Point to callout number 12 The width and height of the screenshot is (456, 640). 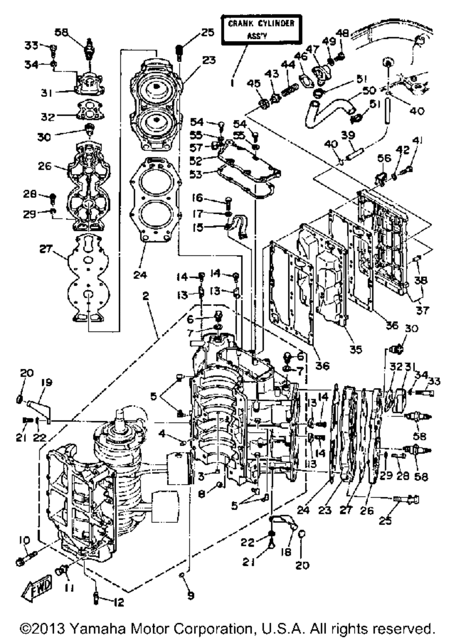point(118,602)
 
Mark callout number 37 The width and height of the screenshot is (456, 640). point(422,310)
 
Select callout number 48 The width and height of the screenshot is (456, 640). point(342,32)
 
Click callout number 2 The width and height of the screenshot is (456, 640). point(145,295)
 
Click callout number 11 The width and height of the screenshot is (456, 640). point(69,588)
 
